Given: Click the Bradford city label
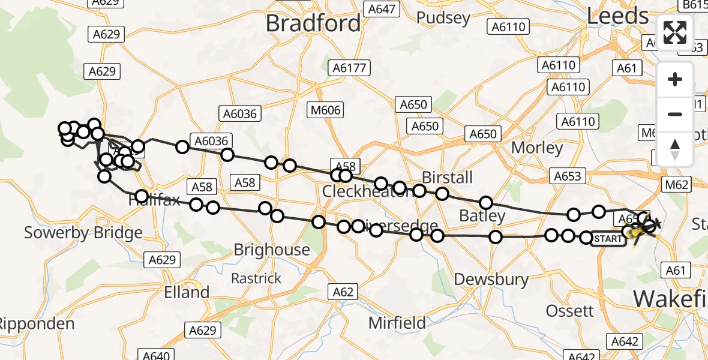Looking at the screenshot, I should (x=313, y=23).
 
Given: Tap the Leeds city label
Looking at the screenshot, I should (x=617, y=16).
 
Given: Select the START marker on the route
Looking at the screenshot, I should (x=608, y=239).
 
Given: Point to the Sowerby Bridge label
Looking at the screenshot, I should (x=83, y=233).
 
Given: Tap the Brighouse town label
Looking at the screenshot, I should (x=272, y=250).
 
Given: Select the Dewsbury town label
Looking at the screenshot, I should (x=491, y=279).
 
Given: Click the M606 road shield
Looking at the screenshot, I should (x=326, y=110).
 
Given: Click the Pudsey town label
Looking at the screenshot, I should (x=443, y=17).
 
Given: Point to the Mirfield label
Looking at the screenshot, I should (x=397, y=323).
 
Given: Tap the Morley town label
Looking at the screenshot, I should (x=537, y=148).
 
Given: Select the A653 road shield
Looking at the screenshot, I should (x=567, y=176).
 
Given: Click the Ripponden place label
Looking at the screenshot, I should (x=36, y=324).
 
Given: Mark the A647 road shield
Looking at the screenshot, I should (x=382, y=9).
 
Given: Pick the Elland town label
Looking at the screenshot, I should (x=187, y=293).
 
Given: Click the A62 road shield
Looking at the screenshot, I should (x=343, y=292).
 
